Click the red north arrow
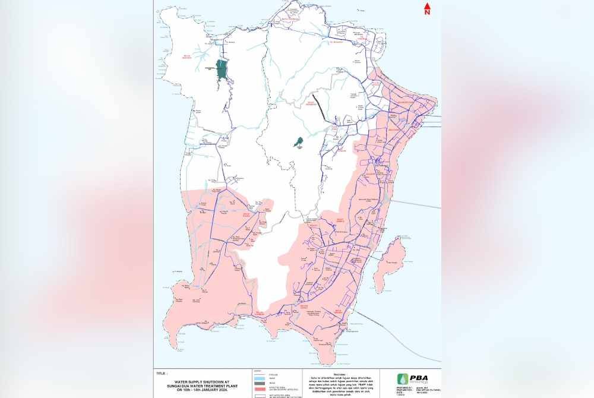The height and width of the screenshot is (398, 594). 426,7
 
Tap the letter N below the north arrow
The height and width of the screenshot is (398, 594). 426,13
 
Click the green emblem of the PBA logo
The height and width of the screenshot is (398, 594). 403,379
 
